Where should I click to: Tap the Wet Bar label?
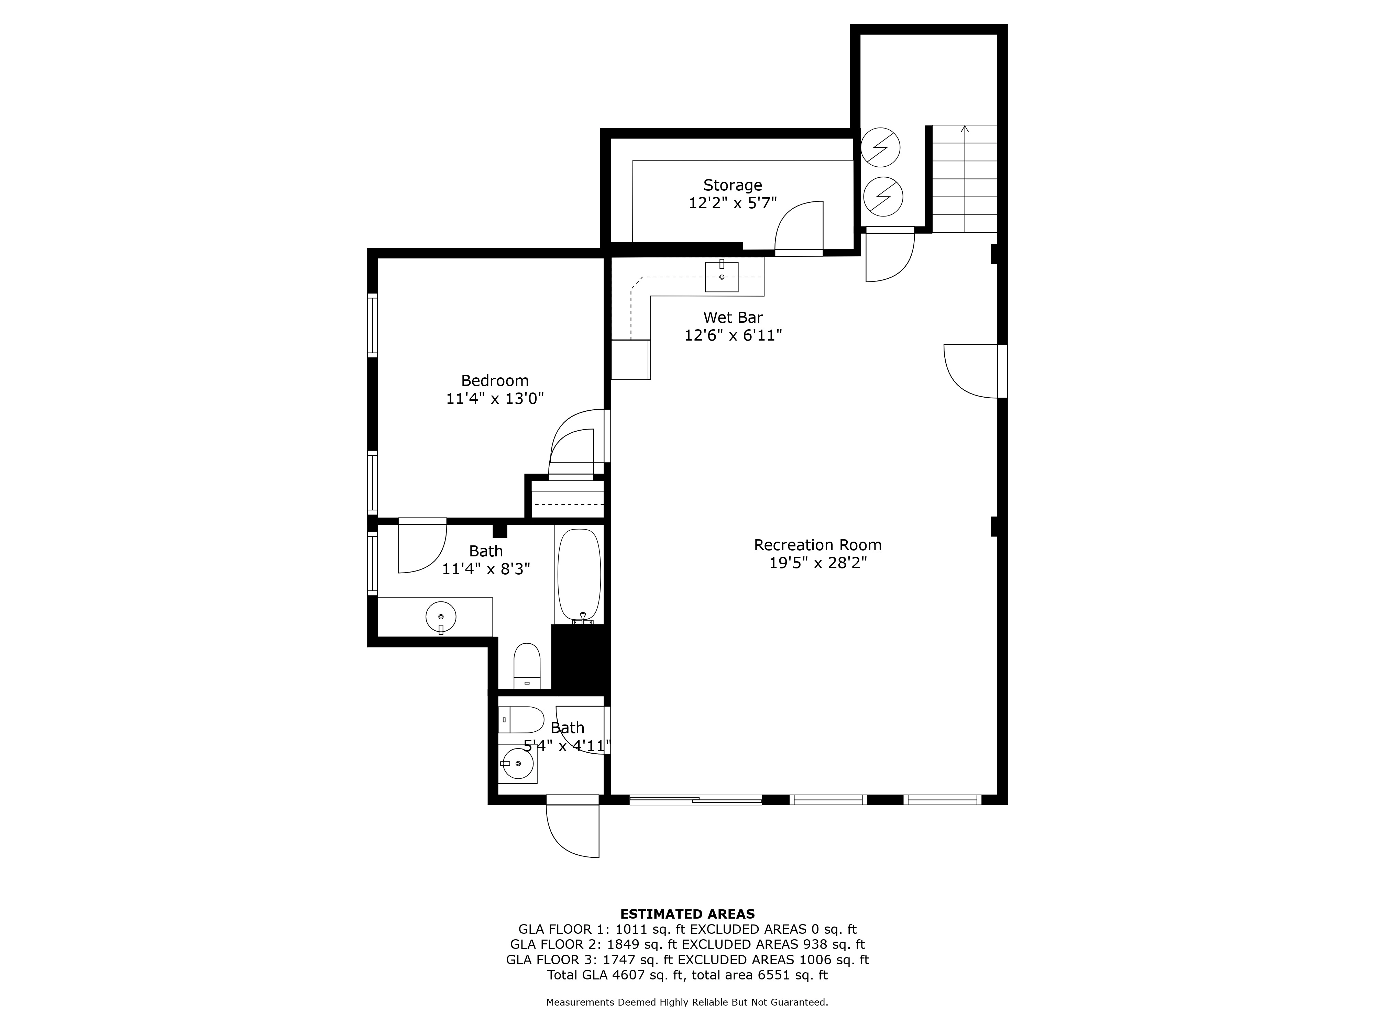(733, 318)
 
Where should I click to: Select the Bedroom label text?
(495, 381)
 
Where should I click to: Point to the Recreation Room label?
(817, 545)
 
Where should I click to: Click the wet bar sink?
(722, 277)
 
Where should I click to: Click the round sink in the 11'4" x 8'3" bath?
(441, 617)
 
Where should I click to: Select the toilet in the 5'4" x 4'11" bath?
(521, 720)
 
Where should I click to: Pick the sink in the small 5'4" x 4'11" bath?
(518, 763)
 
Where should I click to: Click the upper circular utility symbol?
(880, 148)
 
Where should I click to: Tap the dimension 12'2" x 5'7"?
(733, 203)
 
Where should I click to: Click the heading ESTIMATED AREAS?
(687, 914)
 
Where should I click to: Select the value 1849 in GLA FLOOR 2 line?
(628, 945)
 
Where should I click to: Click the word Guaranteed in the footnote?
(797, 1002)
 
